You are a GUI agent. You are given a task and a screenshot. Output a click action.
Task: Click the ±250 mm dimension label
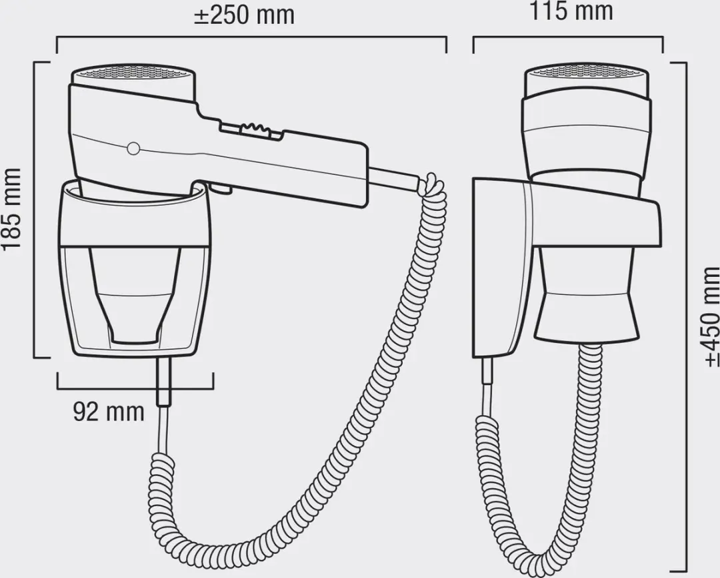244,15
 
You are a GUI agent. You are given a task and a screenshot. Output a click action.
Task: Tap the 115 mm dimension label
572,11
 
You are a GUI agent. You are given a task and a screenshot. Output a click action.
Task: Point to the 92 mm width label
109,412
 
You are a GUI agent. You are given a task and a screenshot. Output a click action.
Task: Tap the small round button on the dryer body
133,148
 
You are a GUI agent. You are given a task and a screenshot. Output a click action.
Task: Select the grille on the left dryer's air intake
133,73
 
